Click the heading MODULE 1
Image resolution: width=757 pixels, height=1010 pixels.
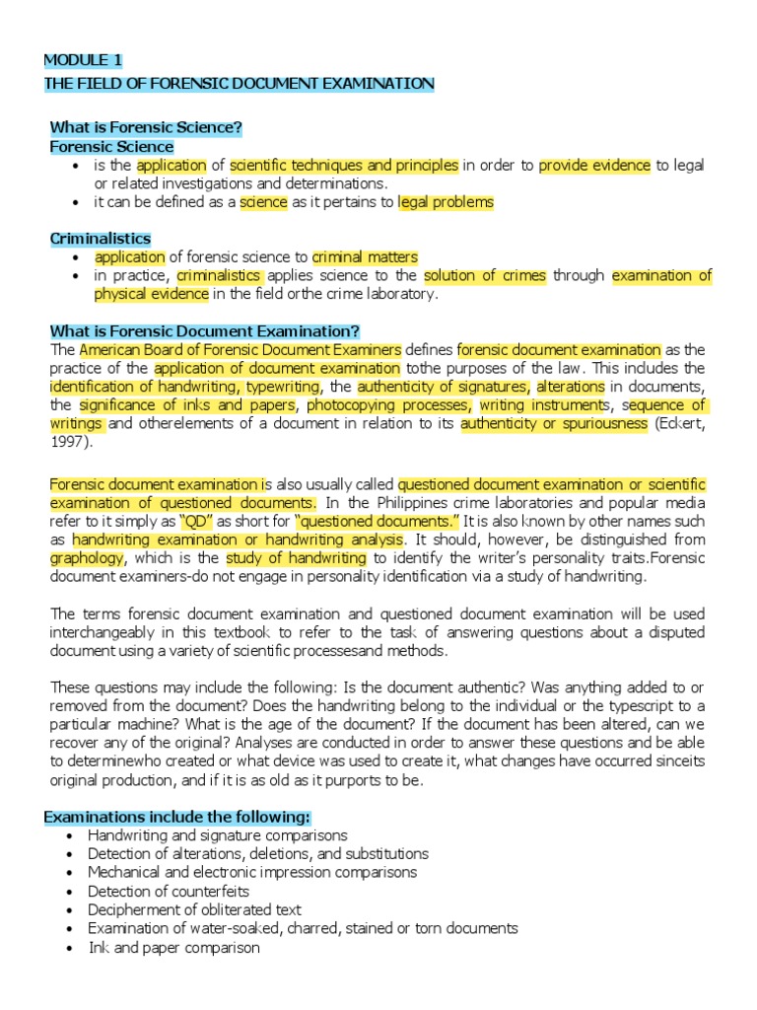point(84,60)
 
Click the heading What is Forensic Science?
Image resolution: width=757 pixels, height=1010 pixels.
point(146,127)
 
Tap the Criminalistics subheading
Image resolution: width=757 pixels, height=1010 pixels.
point(101,239)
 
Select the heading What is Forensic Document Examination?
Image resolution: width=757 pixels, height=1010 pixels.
point(204,330)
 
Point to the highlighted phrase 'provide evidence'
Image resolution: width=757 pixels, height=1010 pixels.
point(594,166)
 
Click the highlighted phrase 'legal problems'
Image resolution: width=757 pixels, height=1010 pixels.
point(446,202)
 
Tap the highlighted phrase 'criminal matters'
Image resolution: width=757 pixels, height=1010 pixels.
point(365,257)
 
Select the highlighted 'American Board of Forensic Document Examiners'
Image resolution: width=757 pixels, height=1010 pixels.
point(241,349)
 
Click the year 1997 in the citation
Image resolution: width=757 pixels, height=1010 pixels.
point(69,442)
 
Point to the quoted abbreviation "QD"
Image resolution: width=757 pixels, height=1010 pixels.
point(193,521)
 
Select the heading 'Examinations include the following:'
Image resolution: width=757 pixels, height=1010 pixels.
point(177,817)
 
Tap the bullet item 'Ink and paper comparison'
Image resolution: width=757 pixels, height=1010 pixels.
point(173,947)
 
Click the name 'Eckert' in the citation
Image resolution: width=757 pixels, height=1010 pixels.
point(680,423)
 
